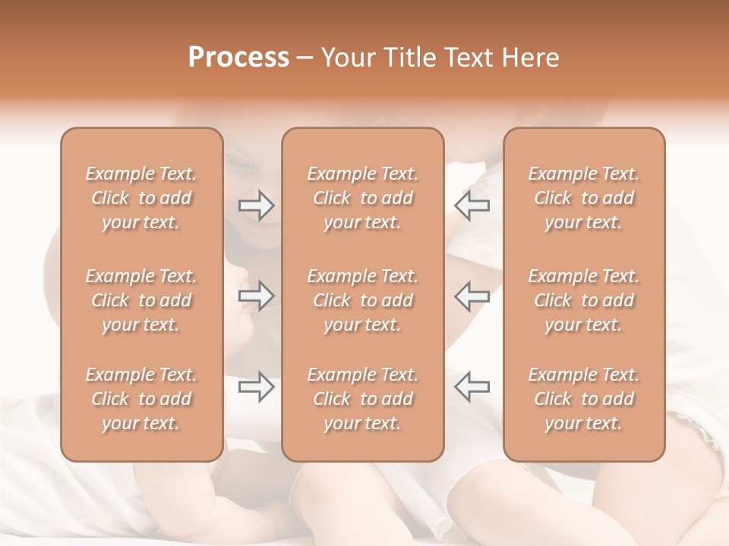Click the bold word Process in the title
click(x=238, y=58)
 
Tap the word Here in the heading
click(x=530, y=58)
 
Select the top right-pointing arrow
click(x=257, y=205)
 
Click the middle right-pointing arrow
click(x=257, y=296)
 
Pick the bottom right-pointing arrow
click(x=257, y=387)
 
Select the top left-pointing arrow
click(x=472, y=205)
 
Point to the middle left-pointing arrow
click(x=472, y=296)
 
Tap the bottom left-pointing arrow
click(x=472, y=387)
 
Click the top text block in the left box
click(x=141, y=198)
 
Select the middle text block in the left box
click(x=141, y=300)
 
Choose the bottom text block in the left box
click(x=141, y=399)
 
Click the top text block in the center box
click(x=363, y=198)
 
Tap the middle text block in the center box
click(x=363, y=300)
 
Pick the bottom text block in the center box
click(x=363, y=399)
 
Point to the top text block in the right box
click(x=584, y=198)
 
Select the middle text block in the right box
click(x=584, y=300)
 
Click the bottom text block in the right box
click(x=584, y=399)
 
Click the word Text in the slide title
click(x=470, y=58)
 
